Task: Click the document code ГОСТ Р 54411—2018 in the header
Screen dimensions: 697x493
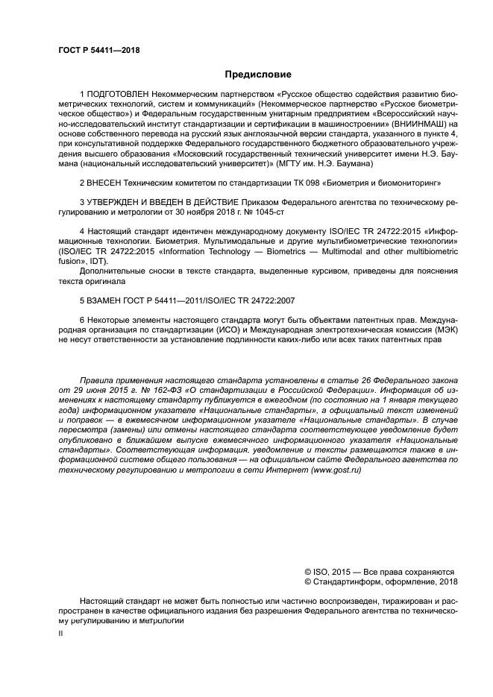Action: (98, 51)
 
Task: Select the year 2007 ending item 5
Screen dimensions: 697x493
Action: (286, 300)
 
